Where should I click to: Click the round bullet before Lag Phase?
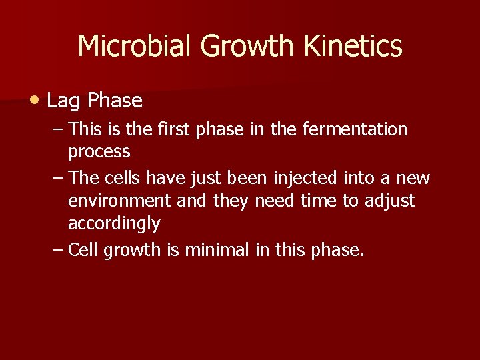34,100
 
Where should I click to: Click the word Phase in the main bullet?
115,101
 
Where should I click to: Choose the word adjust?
389,201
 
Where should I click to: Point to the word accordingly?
113,224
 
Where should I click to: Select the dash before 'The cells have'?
57,178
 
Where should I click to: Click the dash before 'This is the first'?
57,129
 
